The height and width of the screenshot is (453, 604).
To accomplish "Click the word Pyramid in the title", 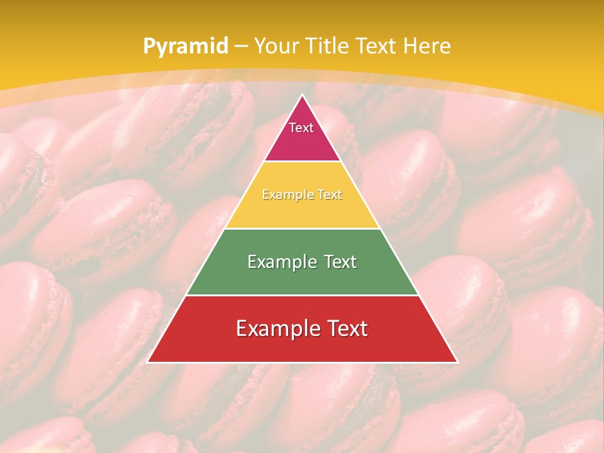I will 186,47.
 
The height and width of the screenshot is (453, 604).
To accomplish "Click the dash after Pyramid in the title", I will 240,47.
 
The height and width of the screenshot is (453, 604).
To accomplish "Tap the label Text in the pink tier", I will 301,128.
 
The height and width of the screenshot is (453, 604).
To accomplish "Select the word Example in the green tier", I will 281,262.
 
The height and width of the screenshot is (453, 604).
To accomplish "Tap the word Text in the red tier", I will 347,328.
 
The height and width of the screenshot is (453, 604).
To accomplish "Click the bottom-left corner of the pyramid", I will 147,362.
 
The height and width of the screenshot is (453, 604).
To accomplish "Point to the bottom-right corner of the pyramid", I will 457,362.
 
